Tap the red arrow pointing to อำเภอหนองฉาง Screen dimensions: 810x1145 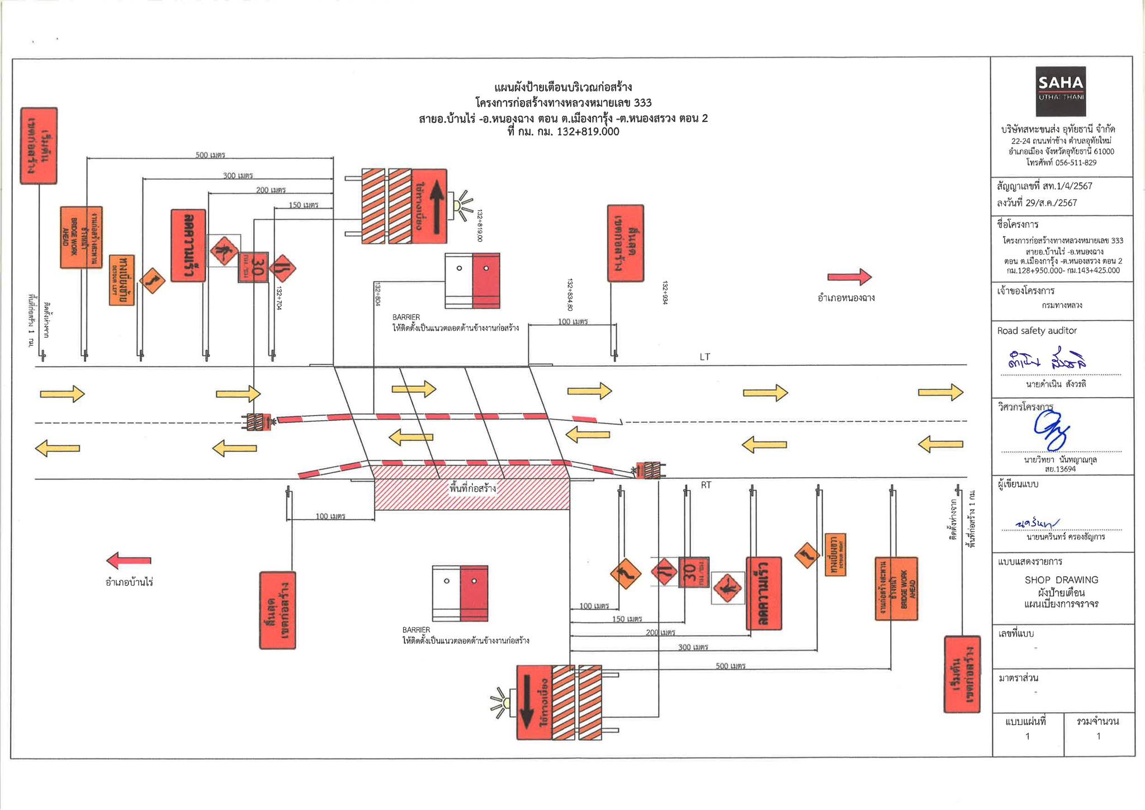pos(849,277)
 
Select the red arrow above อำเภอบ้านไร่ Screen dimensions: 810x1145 pos(129,560)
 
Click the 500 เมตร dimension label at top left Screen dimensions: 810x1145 pos(210,155)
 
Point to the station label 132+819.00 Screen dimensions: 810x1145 pos(479,225)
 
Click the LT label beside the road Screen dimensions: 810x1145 pos(704,357)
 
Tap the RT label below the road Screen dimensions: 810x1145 pos(706,485)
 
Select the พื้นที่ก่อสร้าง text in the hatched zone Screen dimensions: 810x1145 pos(472,488)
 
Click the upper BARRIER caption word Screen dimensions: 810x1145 pos(406,317)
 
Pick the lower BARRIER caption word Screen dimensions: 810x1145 pos(416,630)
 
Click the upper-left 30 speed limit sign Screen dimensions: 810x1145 pos(253,267)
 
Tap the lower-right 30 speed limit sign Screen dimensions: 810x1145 pos(693,572)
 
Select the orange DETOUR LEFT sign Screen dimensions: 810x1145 pos(122,280)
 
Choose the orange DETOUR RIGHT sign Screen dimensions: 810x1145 pos(835,554)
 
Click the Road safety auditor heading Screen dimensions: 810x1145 pos(1037,331)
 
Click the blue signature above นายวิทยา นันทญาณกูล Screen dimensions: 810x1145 pos(1051,430)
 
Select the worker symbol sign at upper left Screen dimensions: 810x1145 pos(224,251)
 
